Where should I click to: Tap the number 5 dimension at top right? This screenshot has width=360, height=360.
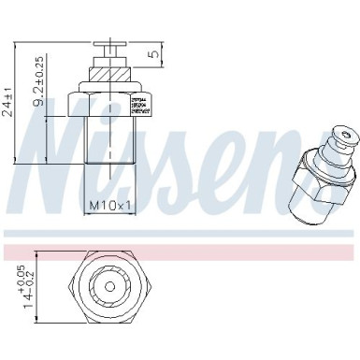click(x=153, y=55)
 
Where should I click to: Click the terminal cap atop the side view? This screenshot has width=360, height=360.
click(x=109, y=49)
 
